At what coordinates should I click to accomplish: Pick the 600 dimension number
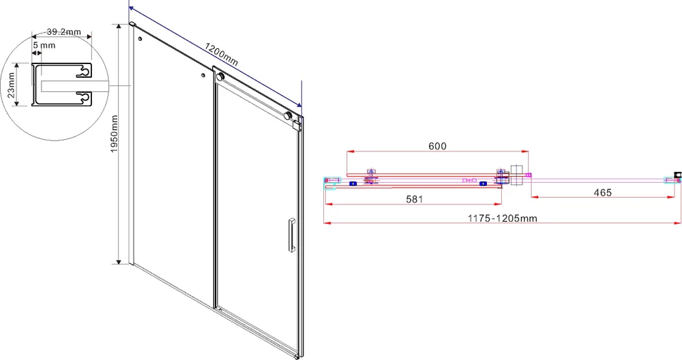pyautogui.click(x=436, y=146)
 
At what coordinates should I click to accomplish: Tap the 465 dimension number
pyautogui.click(x=602, y=193)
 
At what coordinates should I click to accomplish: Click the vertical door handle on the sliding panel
pyautogui.click(x=291, y=236)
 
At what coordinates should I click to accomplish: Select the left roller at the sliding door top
pyautogui.click(x=219, y=76)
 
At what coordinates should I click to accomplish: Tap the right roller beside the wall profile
pyautogui.click(x=295, y=119)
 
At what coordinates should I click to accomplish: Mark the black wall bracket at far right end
pyautogui.click(x=677, y=176)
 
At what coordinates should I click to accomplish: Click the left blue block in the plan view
pyautogui.click(x=353, y=183)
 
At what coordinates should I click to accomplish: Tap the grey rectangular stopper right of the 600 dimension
pyautogui.click(x=516, y=175)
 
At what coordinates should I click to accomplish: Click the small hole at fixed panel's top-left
pyautogui.click(x=140, y=40)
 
